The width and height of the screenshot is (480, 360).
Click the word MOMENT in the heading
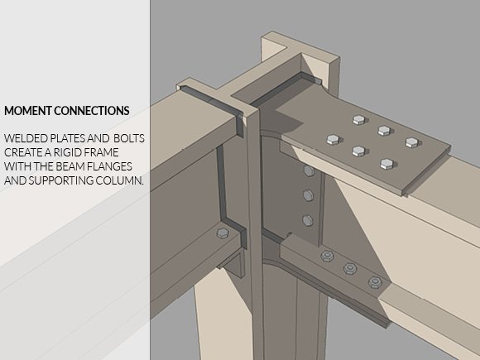pyautogui.click(x=29, y=111)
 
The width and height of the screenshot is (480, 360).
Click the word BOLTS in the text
pyautogui.click(x=129, y=138)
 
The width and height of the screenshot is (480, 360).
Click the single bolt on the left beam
pyautogui.click(x=223, y=233)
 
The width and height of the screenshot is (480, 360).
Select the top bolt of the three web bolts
pyautogui.click(x=308, y=170)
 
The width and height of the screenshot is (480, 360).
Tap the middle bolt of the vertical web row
pyautogui.click(x=308, y=195)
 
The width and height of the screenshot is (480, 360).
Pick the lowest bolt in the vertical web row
pyautogui.click(x=307, y=220)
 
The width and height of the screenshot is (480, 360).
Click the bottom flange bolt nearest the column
pyautogui.click(x=328, y=256)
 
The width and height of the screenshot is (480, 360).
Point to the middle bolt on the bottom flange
pyautogui.click(x=350, y=268)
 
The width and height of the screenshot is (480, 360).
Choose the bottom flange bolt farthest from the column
pyautogui.click(x=375, y=282)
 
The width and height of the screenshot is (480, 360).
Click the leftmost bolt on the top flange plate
pyautogui.click(x=333, y=140)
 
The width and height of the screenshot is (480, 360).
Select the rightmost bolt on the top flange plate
pyautogui.click(x=412, y=142)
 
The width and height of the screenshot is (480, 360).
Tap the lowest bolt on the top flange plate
pyautogui.click(x=387, y=164)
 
